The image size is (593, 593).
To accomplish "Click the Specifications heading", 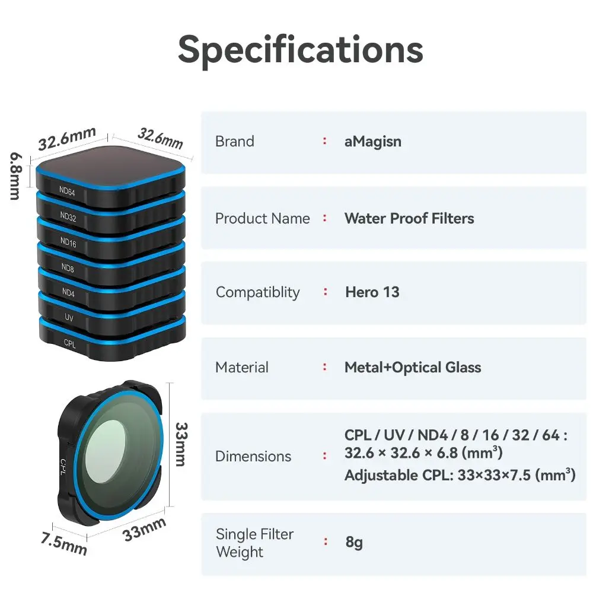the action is coord(301,50).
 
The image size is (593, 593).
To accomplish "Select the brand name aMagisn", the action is coord(372,142).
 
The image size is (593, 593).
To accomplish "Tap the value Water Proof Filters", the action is coord(409,218).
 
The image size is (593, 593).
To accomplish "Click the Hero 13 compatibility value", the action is coord(372,292).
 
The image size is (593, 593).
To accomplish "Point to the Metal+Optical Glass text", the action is coord(413,368).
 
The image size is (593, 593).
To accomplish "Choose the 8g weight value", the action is coord(353,543).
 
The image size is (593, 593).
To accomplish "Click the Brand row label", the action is coord(234,142).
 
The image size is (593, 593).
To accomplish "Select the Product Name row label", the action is coord(262,218).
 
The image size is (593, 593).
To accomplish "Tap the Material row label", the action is coord(241,368).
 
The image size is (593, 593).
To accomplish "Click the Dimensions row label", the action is coord(253,457).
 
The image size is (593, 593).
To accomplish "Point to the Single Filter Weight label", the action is coord(254,543).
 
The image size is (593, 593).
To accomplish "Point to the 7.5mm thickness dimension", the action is coord(63,542).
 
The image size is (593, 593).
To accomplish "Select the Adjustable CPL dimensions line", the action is coord(460,476).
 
